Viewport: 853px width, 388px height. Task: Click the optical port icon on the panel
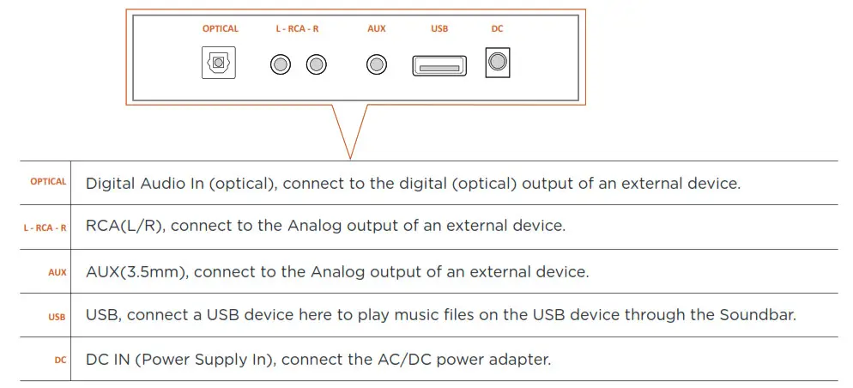(x=219, y=64)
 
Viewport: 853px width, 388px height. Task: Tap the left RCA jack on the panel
(x=281, y=64)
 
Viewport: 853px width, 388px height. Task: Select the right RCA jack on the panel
(x=317, y=64)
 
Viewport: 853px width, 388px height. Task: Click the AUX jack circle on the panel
(x=377, y=64)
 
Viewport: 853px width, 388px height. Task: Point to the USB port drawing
(x=439, y=65)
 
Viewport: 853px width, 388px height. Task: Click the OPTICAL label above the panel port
(x=221, y=28)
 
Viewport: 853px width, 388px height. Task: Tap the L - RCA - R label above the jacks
(x=298, y=28)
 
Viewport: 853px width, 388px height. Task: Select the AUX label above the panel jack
(x=377, y=28)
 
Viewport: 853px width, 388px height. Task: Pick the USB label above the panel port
(x=439, y=28)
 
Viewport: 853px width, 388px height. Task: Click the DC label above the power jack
(x=498, y=28)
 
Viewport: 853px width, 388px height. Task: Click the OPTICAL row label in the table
(x=48, y=182)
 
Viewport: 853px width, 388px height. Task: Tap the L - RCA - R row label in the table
(x=45, y=227)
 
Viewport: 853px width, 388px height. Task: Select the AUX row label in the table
(x=57, y=272)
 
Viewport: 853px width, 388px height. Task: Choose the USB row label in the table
(x=57, y=317)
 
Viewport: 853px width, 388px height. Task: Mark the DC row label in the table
(x=60, y=361)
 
